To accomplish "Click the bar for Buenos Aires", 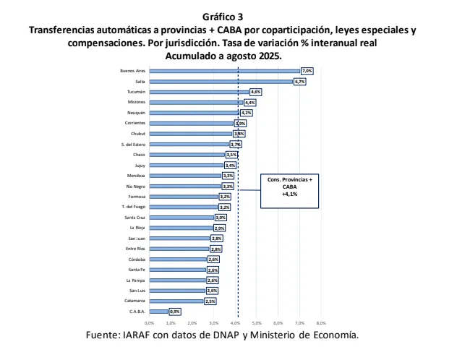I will coord(224,71).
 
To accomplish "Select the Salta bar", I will coord(221,82).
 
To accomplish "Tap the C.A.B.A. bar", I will coord(158,312).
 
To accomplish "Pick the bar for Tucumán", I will coord(198,92).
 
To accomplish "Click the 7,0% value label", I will coord(307,71).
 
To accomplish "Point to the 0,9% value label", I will coord(174,312).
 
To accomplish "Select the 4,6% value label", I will coord(255,92).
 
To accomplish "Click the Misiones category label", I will coord(137,103).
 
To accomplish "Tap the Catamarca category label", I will coord(134,301).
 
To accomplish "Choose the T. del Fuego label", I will coord(134,207).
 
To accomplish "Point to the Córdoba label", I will coord(137,259).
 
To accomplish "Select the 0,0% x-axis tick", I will coord(150,322).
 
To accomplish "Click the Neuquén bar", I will coord(194,113).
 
